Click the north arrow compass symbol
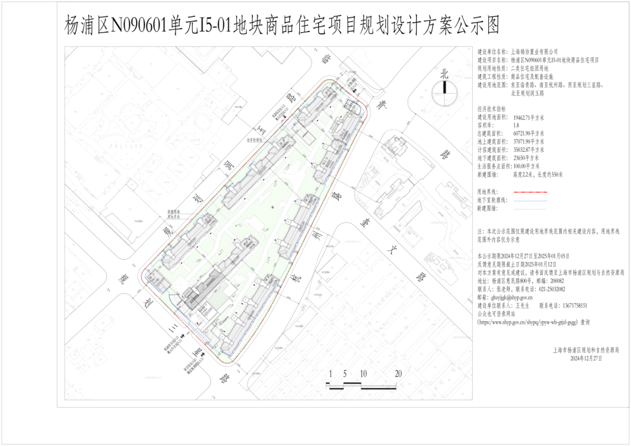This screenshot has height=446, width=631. [444, 88]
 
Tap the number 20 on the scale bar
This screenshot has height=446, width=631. [399, 374]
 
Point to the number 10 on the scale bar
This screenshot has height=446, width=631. [363, 374]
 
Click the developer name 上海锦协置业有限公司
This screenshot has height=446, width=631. [535, 52]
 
